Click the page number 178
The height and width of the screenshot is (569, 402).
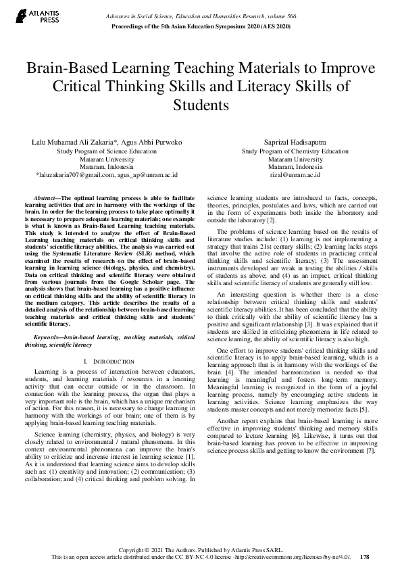tap(365, 556)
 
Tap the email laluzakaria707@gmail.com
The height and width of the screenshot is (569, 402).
tap(74, 174)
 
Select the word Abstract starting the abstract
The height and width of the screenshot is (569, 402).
tap(45, 196)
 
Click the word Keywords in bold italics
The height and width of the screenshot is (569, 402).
tap(49, 337)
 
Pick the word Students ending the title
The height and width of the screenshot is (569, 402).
tap(201, 105)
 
